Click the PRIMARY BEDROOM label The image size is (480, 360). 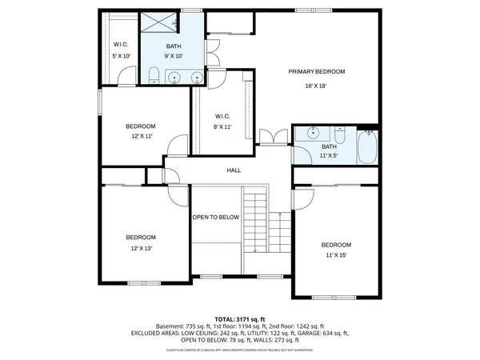coord(317,72)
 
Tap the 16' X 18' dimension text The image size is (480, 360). coord(317,86)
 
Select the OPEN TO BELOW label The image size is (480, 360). coord(215,217)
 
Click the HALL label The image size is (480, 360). coord(234,170)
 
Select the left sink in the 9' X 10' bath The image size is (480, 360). coord(174,78)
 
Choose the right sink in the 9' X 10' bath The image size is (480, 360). coord(196,78)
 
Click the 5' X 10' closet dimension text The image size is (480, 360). coord(121,56)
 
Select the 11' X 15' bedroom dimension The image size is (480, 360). coord(336,256)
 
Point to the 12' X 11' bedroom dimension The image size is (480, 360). coord(140,138)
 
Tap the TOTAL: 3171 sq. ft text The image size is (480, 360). coord(239,318)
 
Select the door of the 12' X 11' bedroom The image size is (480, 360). coord(178,146)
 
